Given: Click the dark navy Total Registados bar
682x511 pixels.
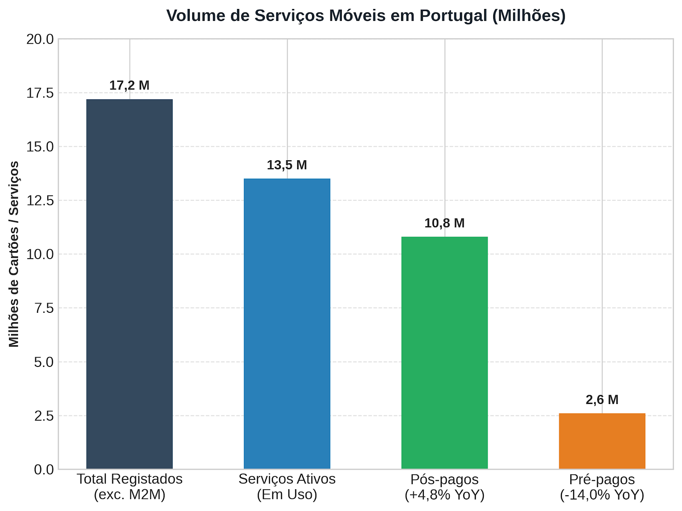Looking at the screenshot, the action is tap(129, 284).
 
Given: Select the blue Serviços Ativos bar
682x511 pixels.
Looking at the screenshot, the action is tap(287, 323).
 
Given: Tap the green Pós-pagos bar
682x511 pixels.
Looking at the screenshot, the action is tap(444, 353).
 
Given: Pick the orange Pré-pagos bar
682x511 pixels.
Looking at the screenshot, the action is tap(602, 441).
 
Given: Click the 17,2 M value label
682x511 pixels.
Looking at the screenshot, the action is tap(129, 85).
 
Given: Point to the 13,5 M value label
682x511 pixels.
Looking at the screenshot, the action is tap(287, 165).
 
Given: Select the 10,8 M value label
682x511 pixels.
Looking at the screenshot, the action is tap(444, 223).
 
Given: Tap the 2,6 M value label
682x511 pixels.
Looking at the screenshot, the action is tap(602, 399).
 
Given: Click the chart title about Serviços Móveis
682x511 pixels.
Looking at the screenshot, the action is tap(366, 15).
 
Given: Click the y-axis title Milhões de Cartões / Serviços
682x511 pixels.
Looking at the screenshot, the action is tap(14, 254).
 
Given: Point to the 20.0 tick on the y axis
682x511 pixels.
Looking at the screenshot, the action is tap(40, 40).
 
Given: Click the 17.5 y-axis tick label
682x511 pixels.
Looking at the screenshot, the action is tap(40, 93).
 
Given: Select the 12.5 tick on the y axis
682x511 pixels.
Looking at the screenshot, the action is tap(40, 201).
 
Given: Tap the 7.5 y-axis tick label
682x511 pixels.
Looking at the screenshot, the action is tap(44, 308).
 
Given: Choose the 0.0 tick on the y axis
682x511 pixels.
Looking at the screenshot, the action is tap(44, 470).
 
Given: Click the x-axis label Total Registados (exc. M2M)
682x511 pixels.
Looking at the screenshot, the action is tap(130, 487).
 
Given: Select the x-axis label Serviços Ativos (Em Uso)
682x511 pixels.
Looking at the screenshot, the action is tap(287, 487).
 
